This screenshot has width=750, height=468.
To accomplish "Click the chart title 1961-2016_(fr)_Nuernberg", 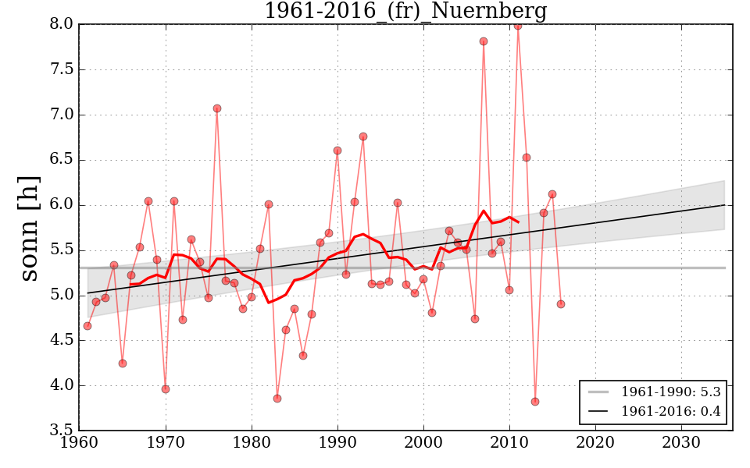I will (x=405, y=12).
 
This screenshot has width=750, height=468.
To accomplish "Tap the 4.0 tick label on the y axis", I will (x=61, y=386).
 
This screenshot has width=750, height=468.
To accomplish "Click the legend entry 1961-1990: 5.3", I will (x=670, y=392).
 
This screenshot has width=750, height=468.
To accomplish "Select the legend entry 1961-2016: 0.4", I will (x=670, y=411).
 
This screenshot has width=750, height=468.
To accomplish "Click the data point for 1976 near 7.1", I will (x=217, y=108).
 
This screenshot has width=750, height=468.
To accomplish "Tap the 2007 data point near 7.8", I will (x=484, y=41).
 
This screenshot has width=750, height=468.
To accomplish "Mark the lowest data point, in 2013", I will (x=535, y=402).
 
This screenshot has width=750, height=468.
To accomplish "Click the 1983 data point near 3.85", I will (x=277, y=399).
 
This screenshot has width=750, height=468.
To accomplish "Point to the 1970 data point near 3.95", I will (x=166, y=389).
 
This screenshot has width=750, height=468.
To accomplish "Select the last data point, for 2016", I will (x=561, y=304).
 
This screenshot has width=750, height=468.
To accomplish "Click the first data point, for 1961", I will (x=87, y=326).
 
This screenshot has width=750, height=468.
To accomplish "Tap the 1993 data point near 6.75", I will (x=363, y=136).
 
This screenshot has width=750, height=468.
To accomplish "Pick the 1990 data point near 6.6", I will (x=337, y=151).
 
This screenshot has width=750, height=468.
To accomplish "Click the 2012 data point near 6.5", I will (x=527, y=158).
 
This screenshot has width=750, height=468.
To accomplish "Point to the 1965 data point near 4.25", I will (x=123, y=363).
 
